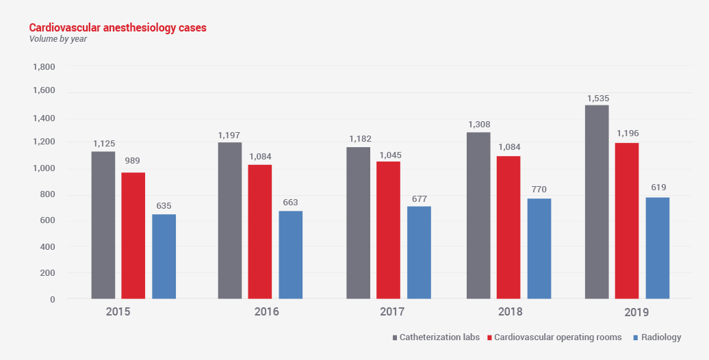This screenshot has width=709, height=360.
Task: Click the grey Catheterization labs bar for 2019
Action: pos(597,202)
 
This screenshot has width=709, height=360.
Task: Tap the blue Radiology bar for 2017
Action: pos(419,253)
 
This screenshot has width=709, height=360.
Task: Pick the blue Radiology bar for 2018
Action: pos(539,248)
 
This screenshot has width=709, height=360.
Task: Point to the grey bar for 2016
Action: pos(230,220)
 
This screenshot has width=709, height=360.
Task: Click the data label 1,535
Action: pos(597,99)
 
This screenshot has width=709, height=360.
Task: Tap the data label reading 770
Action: pos(539,190)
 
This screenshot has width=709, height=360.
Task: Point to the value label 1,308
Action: pos(479,125)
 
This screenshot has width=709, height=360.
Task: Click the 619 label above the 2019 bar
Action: pos(658,187)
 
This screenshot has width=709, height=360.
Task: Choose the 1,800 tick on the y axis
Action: pos(44,67)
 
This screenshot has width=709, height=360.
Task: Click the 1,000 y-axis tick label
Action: pos(44,169)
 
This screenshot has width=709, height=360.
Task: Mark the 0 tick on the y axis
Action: pos(51,299)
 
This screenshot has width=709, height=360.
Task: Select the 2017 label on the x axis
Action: pos(392,312)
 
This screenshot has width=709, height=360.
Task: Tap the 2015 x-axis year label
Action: pos(118,312)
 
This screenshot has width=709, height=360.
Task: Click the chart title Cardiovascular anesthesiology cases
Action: pos(118,28)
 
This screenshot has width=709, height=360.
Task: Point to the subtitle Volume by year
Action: pos(58,39)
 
